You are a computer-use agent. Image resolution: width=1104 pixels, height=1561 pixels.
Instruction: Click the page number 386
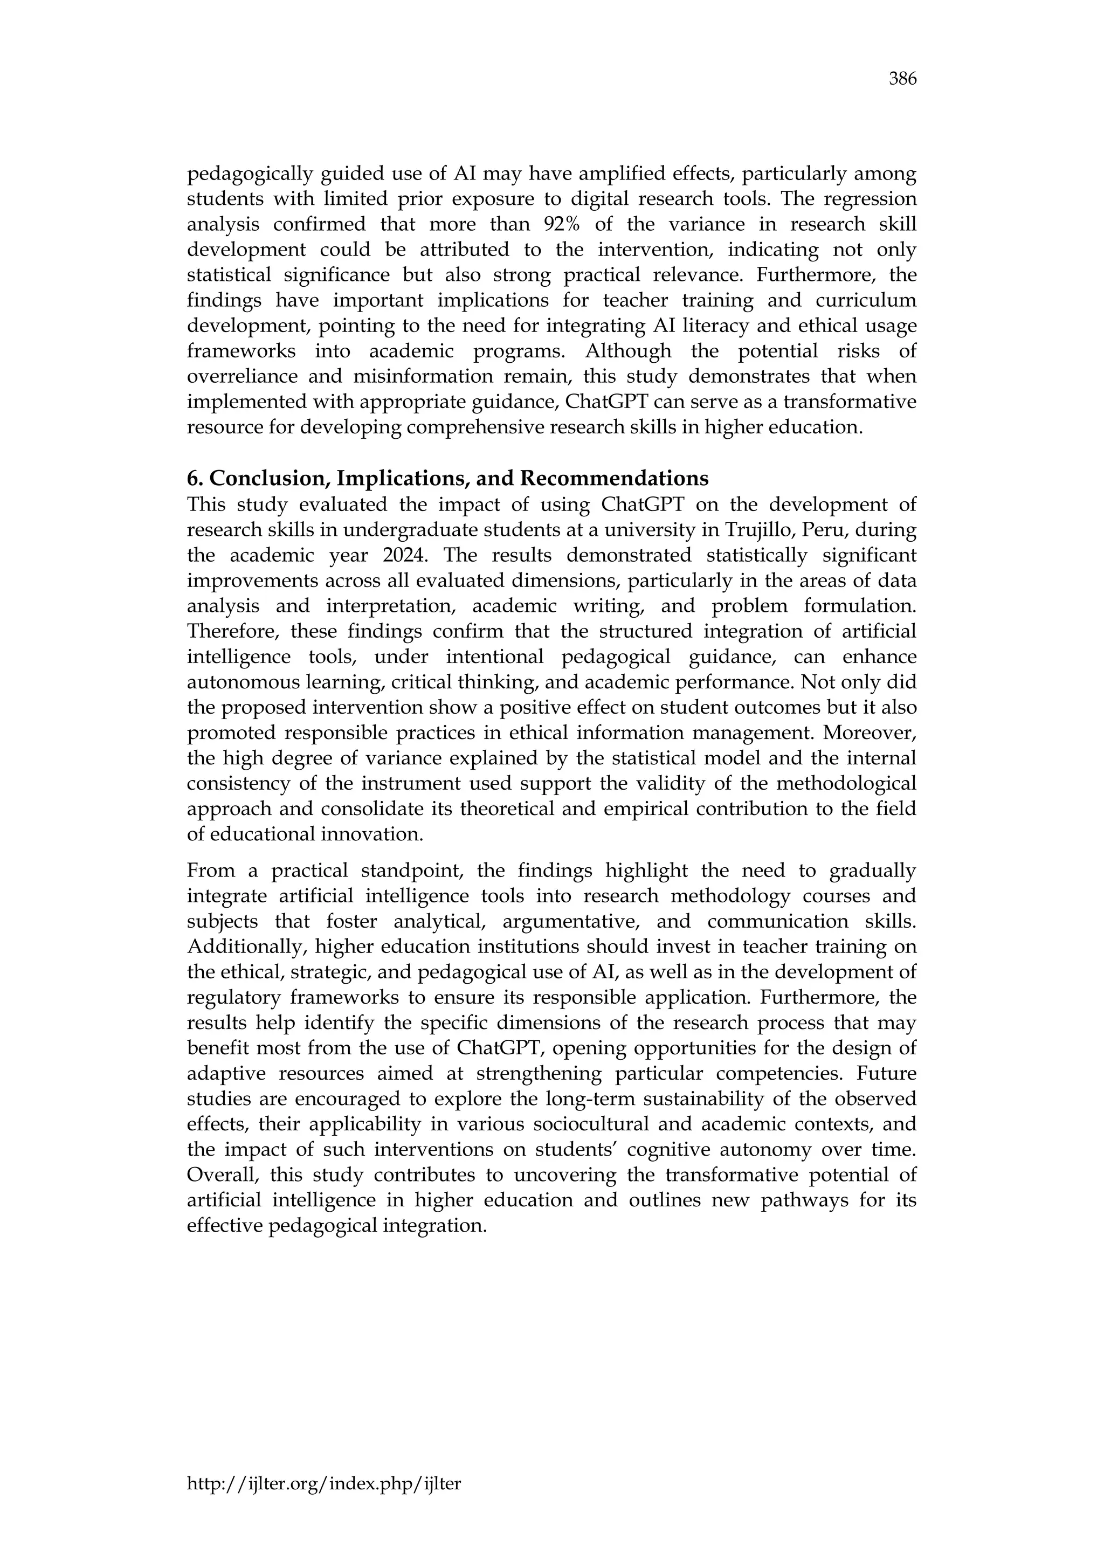pyautogui.click(x=903, y=80)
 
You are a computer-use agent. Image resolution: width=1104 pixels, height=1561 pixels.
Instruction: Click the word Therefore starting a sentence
pyautogui.click(x=232, y=632)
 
